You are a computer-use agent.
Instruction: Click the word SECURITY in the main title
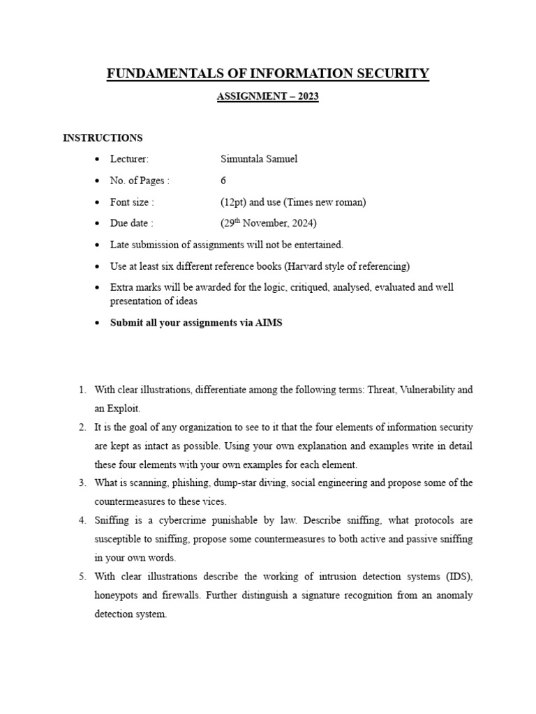[x=391, y=73]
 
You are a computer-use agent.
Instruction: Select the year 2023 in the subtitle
[x=308, y=97]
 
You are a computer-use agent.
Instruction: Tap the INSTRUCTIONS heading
[x=103, y=137]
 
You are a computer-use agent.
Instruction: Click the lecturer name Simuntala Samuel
[x=259, y=159]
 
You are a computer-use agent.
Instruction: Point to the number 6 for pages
[x=223, y=181]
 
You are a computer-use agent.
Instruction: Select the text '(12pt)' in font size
[x=234, y=202]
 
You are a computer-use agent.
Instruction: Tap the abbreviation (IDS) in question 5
[x=456, y=577]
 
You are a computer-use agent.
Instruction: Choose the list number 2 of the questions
[x=82, y=427]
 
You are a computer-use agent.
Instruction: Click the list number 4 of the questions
[x=82, y=520]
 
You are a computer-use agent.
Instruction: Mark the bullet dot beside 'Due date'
[x=98, y=224]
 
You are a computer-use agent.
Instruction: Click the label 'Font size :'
[x=132, y=202]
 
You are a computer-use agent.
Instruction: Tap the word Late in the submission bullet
[x=119, y=245]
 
